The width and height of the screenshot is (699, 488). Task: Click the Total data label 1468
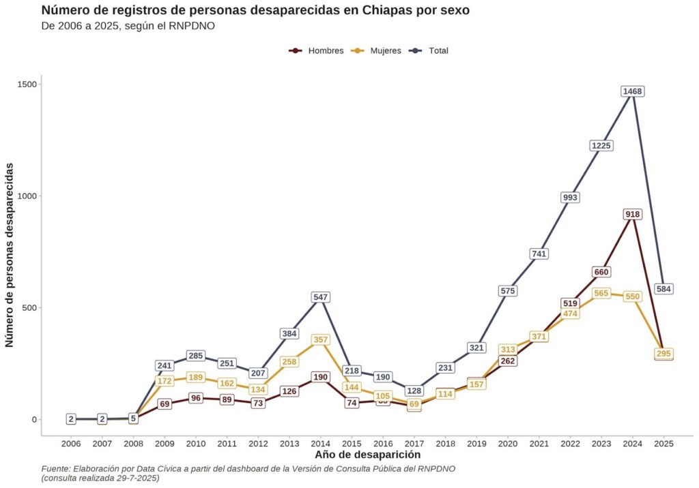tap(633, 91)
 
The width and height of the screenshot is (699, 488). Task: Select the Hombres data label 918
tap(633, 214)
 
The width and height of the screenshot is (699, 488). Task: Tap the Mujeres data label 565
tap(601, 293)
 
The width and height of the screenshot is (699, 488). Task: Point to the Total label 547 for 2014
tap(321, 297)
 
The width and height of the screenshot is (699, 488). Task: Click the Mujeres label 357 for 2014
tap(321, 339)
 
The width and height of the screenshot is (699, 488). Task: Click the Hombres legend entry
tap(317, 50)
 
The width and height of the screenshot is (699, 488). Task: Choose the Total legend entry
tap(431, 50)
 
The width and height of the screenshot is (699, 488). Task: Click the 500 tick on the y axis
tap(29, 307)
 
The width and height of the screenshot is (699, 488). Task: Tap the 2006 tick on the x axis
tap(71, 444)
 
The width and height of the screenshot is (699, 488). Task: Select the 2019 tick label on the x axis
tap(476, 444)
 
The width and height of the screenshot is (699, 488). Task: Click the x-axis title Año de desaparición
tap(367, 455)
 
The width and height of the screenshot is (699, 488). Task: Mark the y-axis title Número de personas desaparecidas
tap(10, 255)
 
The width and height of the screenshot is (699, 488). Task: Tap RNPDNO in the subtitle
tap(193, 27)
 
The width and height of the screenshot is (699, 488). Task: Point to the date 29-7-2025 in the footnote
tap(134, 478)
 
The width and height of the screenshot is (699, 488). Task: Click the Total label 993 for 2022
tap(570, 197)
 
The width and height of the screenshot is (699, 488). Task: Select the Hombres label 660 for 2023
tap(601, 272)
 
